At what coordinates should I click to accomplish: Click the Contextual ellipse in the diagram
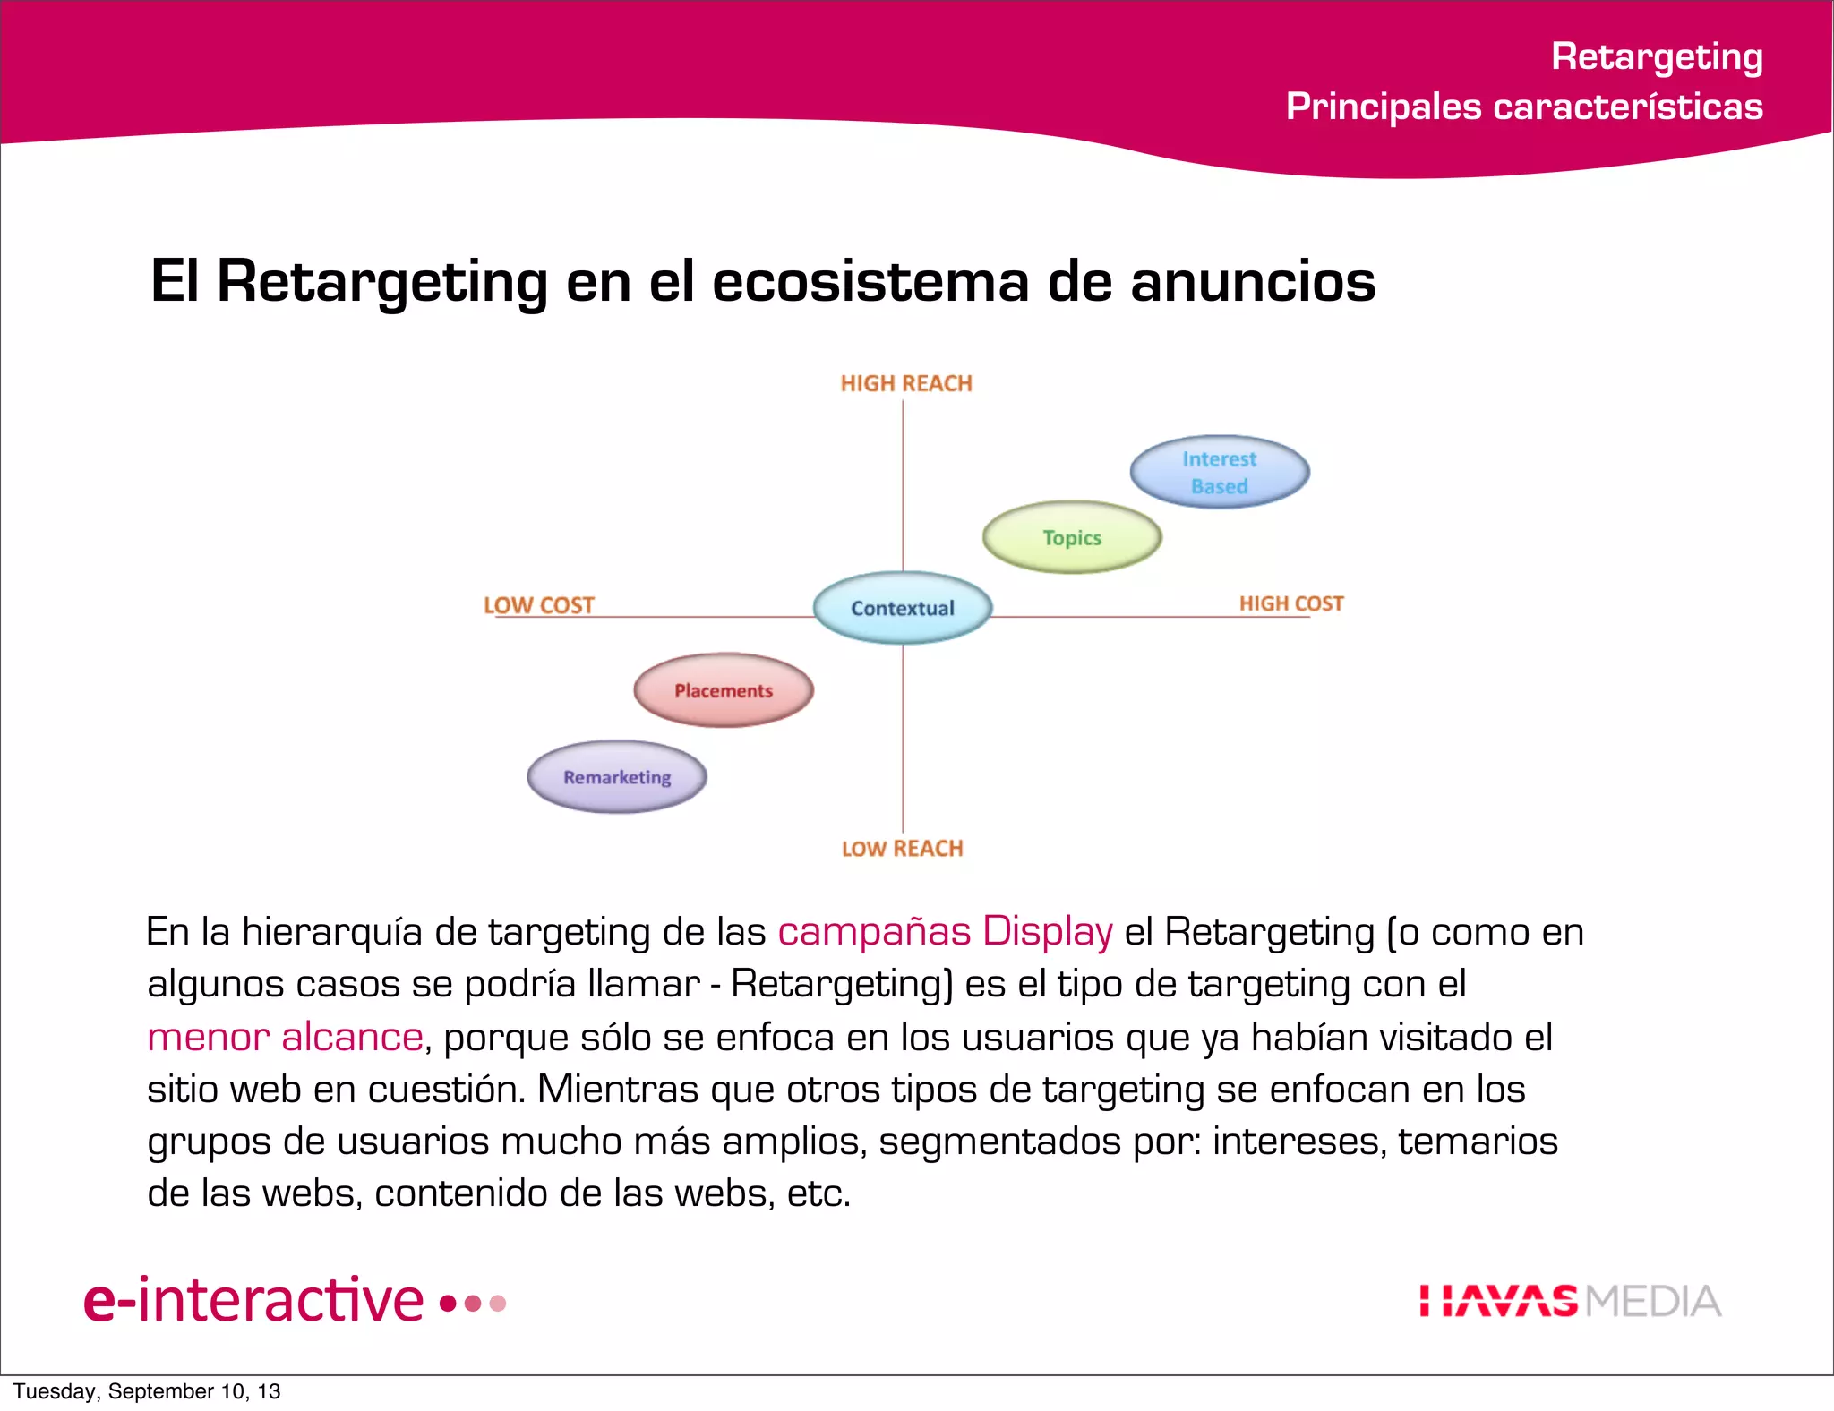(x=903, y=608)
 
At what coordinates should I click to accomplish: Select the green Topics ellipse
(x=1072, y=537)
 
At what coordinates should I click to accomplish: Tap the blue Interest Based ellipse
(x=1219, y=472)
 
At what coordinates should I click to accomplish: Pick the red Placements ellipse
(x=724, y=690)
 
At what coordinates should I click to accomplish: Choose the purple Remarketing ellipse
(x=617, y=777)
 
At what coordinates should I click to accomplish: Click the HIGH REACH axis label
(x=906, y=383)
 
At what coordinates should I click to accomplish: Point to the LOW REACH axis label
(x=903, y=848)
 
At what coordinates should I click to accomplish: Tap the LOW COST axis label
(x=539, y=605)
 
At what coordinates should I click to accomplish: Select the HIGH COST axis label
(x=1291, y=603)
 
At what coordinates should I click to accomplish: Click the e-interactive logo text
(x=253, y=1300)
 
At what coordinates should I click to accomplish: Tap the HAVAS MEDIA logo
(x=1570, y=1301)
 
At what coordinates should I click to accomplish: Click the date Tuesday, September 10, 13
(x=147, y=1391)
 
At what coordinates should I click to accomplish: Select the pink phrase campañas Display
(x=945, y=932)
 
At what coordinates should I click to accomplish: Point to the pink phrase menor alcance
(x=285, y=1037)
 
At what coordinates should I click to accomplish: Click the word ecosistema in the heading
(x=870, y=281)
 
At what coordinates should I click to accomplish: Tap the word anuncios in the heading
(x=1253, y=281)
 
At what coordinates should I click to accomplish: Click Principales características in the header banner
(x=1524, y=107)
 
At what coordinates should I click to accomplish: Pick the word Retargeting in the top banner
(x=1657, y=56)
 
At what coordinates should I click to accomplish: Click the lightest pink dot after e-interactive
(x=499, y=1303)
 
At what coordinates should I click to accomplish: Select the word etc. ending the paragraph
(x=818, y=1193)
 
